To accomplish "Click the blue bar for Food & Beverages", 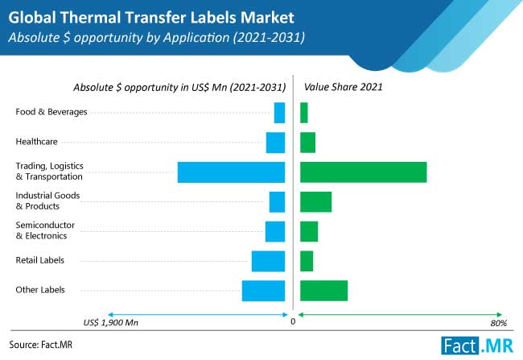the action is tap(279, 113).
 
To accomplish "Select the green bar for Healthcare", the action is tap(307, 143).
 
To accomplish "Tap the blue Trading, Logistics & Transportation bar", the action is tap(231, 172).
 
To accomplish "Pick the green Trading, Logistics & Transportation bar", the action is tap(363, 172).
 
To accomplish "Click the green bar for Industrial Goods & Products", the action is tap(316, 202).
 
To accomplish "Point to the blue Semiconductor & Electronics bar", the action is tap(275, 231).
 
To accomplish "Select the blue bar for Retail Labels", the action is tap(268, 261).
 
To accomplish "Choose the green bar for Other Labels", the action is tap(324, 291).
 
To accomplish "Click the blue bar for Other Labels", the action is tap(263, 291).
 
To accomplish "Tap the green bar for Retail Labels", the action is tap(307, 261).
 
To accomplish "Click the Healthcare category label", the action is tap(37, 142).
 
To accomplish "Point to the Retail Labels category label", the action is tap(40, 260).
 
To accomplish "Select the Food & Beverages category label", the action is tap(51, 112).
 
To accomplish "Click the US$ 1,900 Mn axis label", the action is tap(111, 323).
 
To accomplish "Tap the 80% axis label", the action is tap(499, 323).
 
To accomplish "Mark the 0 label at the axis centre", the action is tap(293, 321).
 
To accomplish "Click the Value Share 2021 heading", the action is tap(344, 87).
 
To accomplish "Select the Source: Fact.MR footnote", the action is tap(41, 345).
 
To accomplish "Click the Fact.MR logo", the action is tap(477, 346).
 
